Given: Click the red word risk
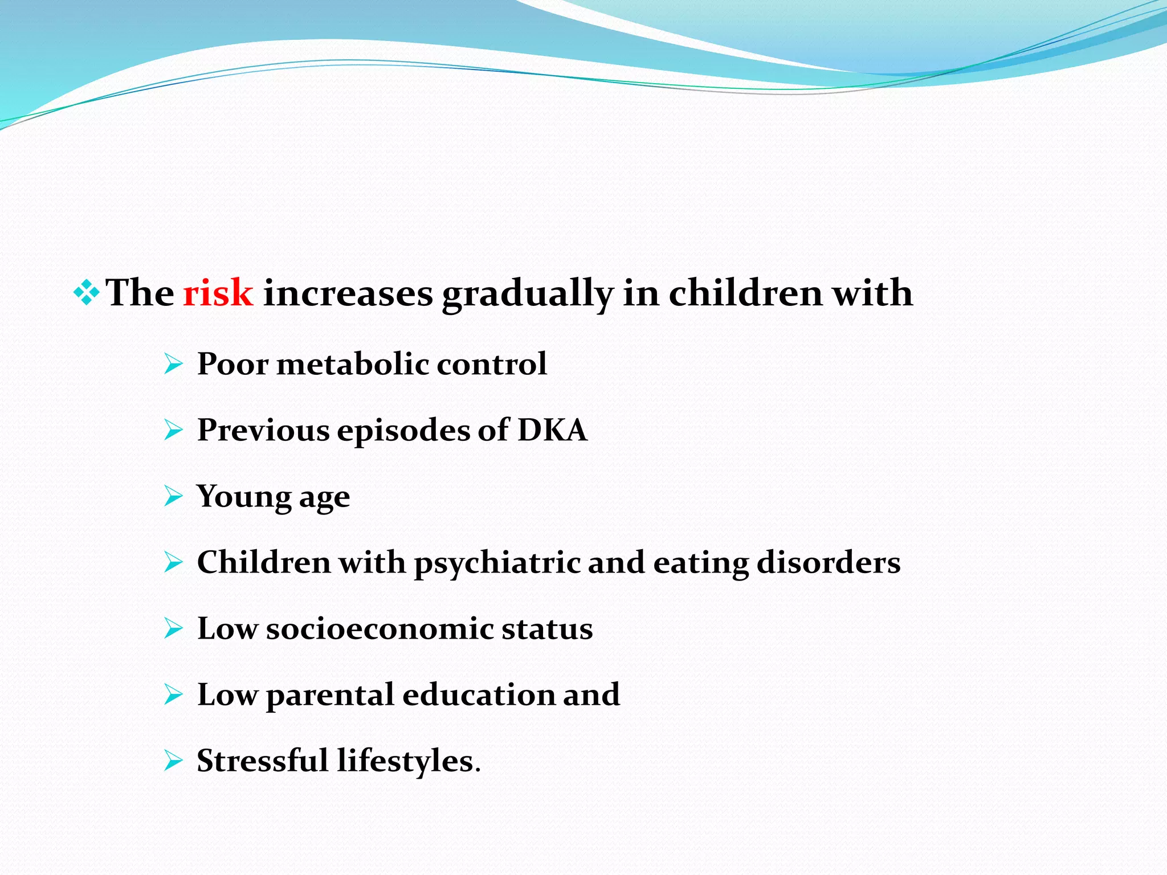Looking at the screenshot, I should pyautogui.click(x=218, y=293).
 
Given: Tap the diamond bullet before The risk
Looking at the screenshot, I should pyautogui.click(x=86, y=293).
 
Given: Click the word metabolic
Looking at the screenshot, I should pyautogui.click(x=352, y=364).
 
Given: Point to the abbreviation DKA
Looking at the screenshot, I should pyautogui.click(x=552, y=430).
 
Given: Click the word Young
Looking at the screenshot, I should pyautogui.click(x=243, y=497).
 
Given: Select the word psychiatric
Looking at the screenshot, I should pyautogui.click(x=496, y=563).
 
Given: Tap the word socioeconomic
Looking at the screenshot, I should pyautogui.click(x=380, y=629).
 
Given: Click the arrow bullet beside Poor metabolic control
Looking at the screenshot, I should pyautogui.click(x=173, y=363).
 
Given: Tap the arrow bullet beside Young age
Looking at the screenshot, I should pyautogui.click(x=173, y=496).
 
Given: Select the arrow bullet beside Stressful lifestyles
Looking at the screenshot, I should pyautogui.click(x=173, y=760).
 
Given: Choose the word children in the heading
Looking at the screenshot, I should pyautogui.click(x=745, y=293).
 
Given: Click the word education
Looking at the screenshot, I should pyautogui.click(x=478, y=695).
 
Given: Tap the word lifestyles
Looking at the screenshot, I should pyautogui.click(x=408, y=762).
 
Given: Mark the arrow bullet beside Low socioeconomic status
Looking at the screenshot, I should pyautogui.click(x=173, y=628).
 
